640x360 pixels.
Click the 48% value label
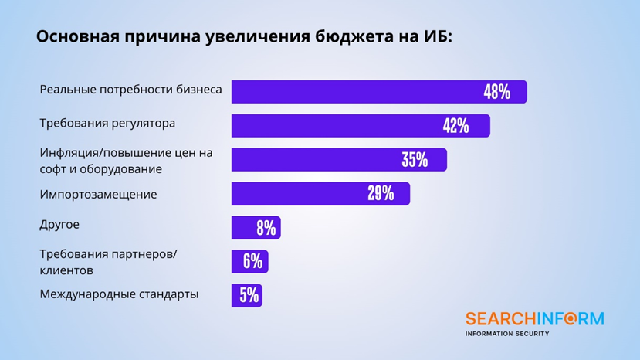click(497, 92)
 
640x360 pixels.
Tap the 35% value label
click(415, 160)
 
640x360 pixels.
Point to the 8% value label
click(266, 228)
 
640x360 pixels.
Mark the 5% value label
click(249, 296)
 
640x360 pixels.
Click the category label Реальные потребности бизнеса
click(130, 90)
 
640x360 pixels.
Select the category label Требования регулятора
click(107, 123)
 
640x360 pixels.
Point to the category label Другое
click(59, 225)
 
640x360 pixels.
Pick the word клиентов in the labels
click(66, 271)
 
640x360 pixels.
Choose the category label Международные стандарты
click(119, 294)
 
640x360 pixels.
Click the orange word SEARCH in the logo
click(502, 319)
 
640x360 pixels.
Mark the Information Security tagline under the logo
click(506, 334)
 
